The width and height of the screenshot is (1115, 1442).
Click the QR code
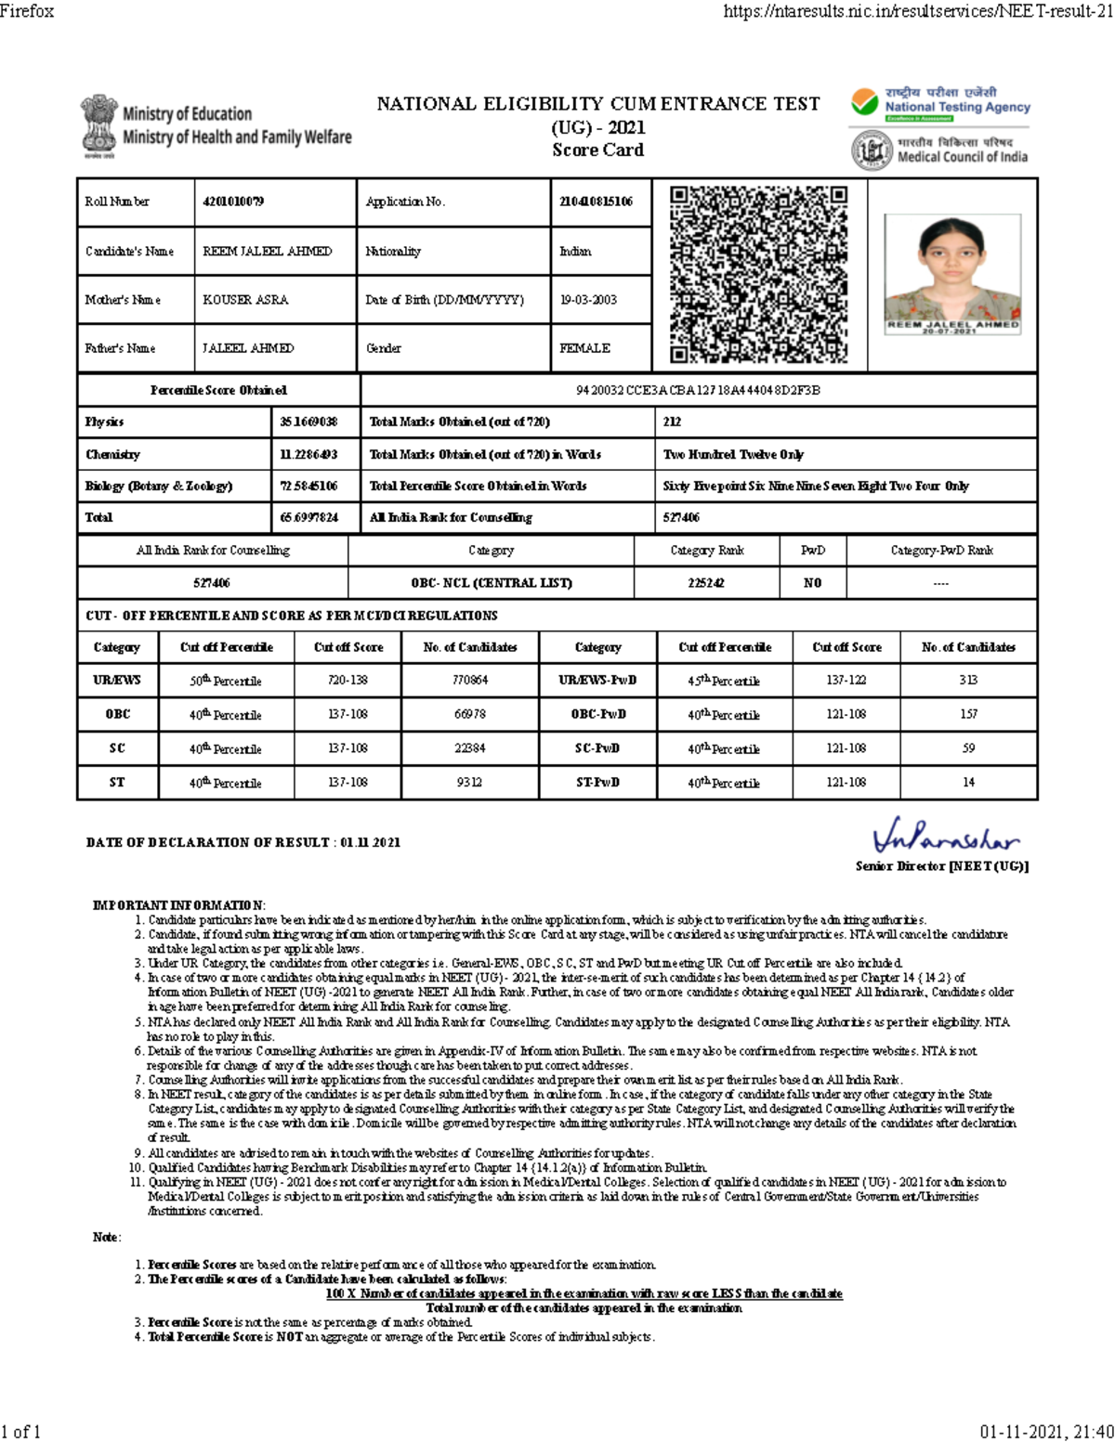[x=758, y=275]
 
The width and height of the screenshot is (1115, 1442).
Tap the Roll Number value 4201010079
[x=233, y=201]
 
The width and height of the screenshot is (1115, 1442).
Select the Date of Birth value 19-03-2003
[x=588, y=300]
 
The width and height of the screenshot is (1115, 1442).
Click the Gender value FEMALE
[x=584, y=348]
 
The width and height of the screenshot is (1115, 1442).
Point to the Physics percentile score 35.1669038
[x=308, y=422]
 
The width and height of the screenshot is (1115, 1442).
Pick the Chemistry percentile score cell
[x=308, y=454]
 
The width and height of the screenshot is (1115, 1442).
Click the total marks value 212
[x=672, y=422]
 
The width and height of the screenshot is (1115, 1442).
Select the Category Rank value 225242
[x=706, y=583]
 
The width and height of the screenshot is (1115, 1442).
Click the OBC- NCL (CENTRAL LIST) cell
[x=492, y=583]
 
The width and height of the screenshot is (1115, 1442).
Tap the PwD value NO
[x=812, y=583]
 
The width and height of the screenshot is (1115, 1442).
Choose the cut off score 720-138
[x=348, y=680]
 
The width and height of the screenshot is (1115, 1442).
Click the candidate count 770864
[x=470, y=680]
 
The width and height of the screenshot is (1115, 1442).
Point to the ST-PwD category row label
[x=597, y=782]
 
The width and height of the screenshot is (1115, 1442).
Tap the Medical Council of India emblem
[x=872, y=150]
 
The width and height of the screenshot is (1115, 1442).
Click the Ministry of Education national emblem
[x=98, y=126]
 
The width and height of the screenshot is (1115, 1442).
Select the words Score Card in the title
[x=597, y=149]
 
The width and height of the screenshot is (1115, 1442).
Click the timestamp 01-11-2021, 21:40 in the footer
[x=1046, y=1431]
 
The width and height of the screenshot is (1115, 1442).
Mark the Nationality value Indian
[x=575, y=252]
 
